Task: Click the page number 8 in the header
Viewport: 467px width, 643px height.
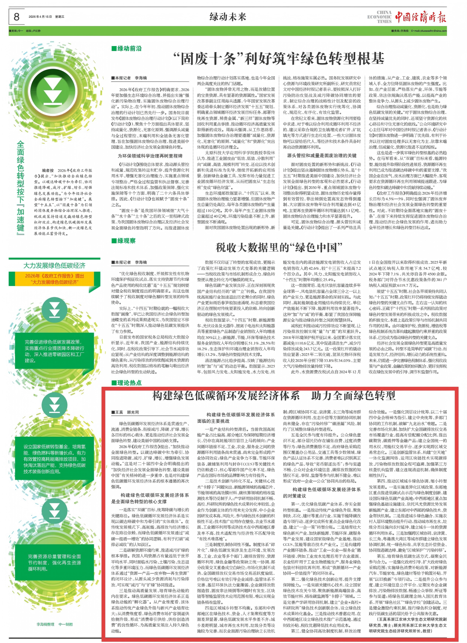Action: coord(17,17)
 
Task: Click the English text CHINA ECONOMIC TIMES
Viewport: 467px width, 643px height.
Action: coord(379,17)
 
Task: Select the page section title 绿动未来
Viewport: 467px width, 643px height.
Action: coord(228,17)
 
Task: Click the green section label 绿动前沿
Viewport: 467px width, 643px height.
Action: coord(127,48)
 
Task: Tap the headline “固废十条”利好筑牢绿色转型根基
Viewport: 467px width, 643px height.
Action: coord(278,59)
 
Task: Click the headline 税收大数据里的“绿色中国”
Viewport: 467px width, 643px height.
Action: coord(278,247)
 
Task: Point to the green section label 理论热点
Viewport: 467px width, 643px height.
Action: coord(127,383)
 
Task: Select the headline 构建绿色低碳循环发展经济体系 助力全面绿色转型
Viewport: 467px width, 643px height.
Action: coord(274,396)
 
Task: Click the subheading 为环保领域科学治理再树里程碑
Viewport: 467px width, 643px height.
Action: coord(150,156)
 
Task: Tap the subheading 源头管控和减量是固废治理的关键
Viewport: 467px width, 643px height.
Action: coord(322,155)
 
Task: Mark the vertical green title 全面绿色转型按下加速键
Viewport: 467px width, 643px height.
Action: coord(21,187)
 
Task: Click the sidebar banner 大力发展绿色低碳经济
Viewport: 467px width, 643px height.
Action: coord(54,265)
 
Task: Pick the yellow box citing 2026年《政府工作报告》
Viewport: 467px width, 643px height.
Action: coord(54,279)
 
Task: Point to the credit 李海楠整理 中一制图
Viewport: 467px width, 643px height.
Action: coord(54,624)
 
